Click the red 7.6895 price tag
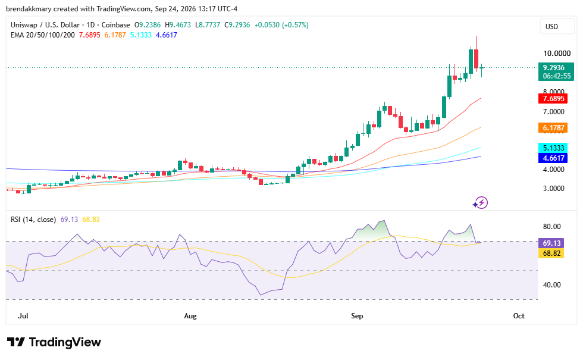[x=553, y=99]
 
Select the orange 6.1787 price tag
[x=553, y=128]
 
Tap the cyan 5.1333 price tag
[x=553, y=148]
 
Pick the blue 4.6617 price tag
[x=553, y=158]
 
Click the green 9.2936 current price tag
[x=556, y=72]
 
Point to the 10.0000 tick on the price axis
[x=557, y=54]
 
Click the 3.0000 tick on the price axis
[x=554, y=189]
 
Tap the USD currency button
[x=552, y=26]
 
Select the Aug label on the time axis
[x=190, y=316]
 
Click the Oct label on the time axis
[x=519, y=316]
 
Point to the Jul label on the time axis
[x=23, y=316]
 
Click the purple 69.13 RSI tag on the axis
[x=551, y=243]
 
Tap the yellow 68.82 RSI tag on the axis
[x=551, y=253]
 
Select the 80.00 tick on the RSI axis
[x=552, y=227]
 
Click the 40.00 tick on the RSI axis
[x=552, y=285]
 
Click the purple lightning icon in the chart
[x=481, y=203]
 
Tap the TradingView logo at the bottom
[x=54, y=342]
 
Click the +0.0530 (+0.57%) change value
[x=281, y=25]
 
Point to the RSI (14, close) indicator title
[x=33, y=220]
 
